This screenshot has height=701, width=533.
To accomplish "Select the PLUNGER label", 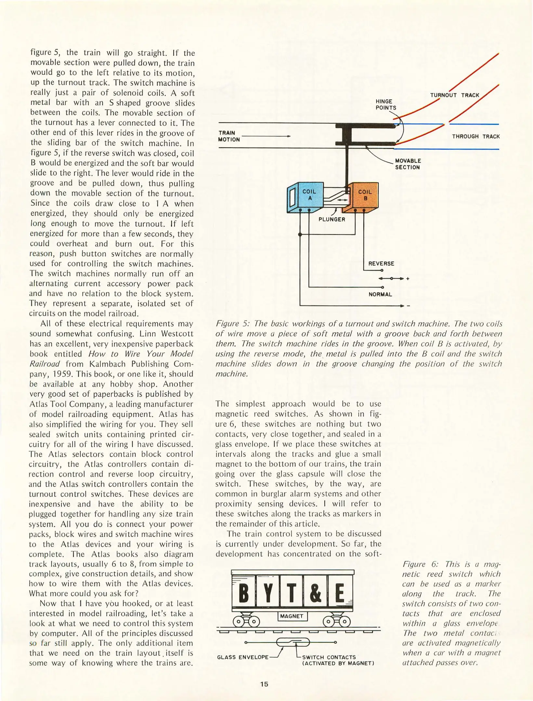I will pos(331,219).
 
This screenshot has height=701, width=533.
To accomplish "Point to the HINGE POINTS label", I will pos(386,105).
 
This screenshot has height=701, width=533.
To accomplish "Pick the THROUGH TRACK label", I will pos(475,136).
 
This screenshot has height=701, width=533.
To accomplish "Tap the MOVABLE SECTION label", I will pos(408,164).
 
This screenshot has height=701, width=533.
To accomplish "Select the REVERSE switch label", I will pos(381,264).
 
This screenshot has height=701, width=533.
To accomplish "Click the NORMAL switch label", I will pos(380,294).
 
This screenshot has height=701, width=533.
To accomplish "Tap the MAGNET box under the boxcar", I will pos(292,616).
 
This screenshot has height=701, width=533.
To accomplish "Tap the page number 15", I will pos(264,684).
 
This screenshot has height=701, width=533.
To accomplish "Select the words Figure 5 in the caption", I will pos(232,324).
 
